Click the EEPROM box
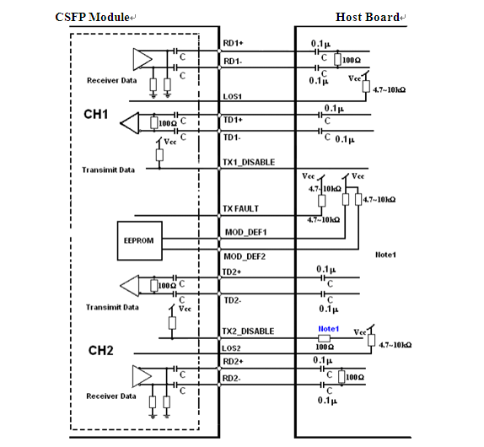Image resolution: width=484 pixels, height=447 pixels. coord(140,240)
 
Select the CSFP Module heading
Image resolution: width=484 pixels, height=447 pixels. coord(92,17)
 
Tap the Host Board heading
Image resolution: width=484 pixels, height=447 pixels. coord(368,17)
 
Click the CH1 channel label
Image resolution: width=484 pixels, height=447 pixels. coord(95,114)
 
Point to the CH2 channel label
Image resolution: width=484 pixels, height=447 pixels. coord(100,350)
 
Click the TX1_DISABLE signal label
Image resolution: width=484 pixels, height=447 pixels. coord(249,163)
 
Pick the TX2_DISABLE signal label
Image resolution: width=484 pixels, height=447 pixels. coord(248,331)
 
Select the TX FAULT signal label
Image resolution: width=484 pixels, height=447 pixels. coord(241,209)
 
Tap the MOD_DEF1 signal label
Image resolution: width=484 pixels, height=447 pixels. coord(245,232)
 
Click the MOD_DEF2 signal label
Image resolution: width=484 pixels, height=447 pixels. coord(245,256)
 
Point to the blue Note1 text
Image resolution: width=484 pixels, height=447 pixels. coord(329,329)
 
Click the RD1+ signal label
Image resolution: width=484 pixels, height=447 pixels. coord(233,43)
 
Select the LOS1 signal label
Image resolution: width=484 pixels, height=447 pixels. coord(233,97)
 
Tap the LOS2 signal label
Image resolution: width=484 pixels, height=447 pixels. coord(231,348)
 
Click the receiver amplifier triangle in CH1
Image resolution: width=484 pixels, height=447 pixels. coord(143,59)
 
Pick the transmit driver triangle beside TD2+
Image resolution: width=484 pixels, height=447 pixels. coord(130,286)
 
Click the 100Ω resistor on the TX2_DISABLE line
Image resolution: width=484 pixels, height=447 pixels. coord(324,338)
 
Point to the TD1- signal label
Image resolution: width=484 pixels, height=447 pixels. coord(232,137)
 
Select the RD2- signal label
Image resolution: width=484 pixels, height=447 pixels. coord(232,378)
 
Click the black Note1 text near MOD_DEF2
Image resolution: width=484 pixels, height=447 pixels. coord(385,255)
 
